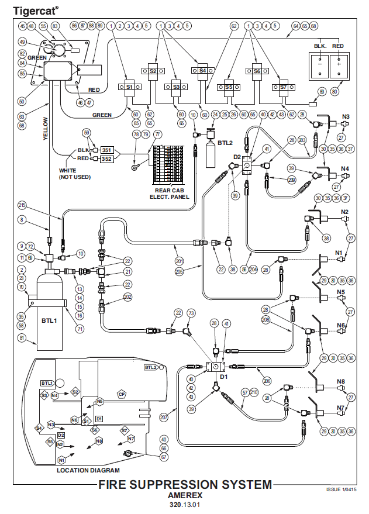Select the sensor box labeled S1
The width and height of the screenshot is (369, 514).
[130, 87]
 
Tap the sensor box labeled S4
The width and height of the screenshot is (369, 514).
[202, 70]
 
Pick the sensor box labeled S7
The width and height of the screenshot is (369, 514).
[282, 87]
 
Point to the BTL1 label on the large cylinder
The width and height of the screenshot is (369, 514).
[49, 321]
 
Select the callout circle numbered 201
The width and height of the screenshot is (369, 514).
[179, 261]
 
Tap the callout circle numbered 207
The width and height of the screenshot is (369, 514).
[163, 418]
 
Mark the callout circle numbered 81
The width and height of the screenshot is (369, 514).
[23, 337]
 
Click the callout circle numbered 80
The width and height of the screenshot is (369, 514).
[334, 91]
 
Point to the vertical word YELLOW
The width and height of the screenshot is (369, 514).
[44, 128]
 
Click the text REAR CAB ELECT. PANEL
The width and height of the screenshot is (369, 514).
[171, 193]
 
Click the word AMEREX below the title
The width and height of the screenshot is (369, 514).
[184, 495]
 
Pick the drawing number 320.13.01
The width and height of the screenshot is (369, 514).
[184, 504]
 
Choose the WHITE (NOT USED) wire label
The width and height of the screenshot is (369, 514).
[75, 174]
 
